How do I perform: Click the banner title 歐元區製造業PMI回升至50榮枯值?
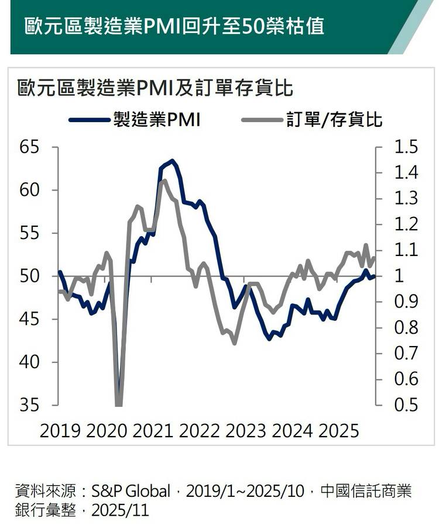tap(174, 26)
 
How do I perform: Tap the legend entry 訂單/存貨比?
tap(335, 120)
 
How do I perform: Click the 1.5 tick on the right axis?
tap(406, 147)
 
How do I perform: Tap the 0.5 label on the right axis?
tap(406, 405)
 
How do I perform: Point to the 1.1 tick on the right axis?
tap(406, 250)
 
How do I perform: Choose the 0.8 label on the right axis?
tap(406, 328)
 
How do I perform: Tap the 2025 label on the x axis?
tap(338, 432)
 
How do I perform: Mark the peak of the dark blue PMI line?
tap(172, 161)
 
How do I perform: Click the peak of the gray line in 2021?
tap(163, 180)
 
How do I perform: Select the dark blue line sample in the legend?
tap(89, 120)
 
